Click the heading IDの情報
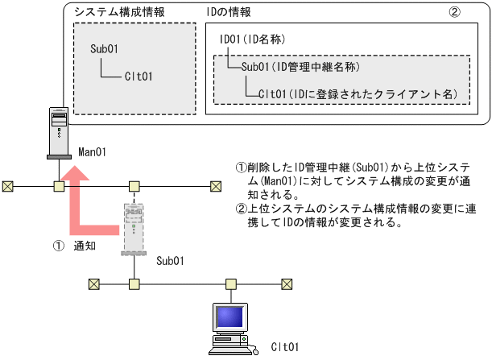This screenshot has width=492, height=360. [x=230, y=14]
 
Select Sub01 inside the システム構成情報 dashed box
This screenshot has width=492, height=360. [x=105, y=49]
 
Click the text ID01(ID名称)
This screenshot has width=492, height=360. [x=252, y=39]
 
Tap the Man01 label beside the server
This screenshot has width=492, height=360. [x=93, y=151]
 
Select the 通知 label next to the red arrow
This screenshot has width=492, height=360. [x=85, y=246]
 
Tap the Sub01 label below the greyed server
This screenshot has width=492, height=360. [x=170, y=261]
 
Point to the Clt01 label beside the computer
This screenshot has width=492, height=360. [x=284, y=346]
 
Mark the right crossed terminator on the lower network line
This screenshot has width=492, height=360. [x=287, y=283]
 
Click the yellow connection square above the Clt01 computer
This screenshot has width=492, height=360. [x=230, y=283]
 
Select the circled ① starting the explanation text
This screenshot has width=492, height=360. [x=240, y=168]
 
